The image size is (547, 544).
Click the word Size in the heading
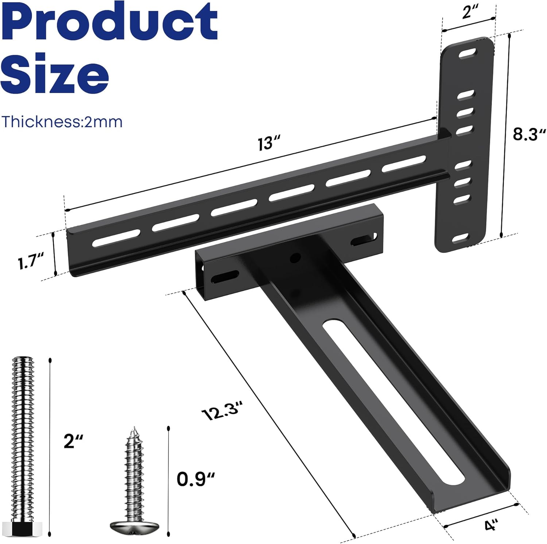coord(55,73)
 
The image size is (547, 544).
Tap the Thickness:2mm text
coord(62,121)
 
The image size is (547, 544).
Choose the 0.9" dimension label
coord(195,479)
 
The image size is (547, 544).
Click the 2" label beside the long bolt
coord(73,441)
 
